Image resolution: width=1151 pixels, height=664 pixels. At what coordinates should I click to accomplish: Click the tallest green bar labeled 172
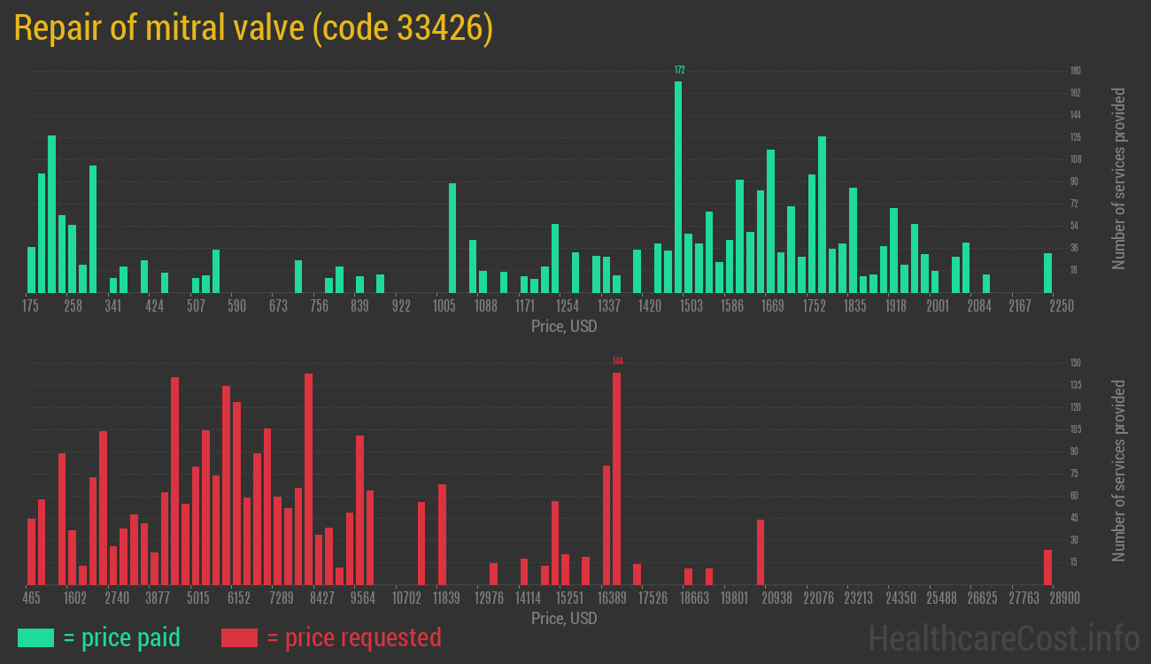(678, 187)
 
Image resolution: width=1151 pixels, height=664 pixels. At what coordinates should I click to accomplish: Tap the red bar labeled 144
(616, 478)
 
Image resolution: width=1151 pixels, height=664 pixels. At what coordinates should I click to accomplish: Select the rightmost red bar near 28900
(1047, 567)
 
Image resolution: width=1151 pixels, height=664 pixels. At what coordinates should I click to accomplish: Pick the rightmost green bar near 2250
(1047, 273)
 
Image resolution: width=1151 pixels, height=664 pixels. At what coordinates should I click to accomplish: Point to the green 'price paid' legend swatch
(35, 637)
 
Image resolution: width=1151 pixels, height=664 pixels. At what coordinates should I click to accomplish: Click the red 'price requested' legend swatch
(239, 637)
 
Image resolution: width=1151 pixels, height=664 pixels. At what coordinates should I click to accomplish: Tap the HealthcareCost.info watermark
(1003, 637)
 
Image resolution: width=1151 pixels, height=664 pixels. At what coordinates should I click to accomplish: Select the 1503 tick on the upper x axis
(691, 306)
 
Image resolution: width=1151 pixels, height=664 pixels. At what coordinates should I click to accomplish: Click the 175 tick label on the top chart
(30, 306)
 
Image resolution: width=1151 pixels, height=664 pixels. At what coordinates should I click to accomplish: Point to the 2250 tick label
(1061, 306)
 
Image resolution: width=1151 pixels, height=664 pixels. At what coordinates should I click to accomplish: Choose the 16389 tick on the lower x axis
(612, 598)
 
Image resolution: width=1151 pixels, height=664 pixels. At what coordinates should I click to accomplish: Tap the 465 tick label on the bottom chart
(31, 598)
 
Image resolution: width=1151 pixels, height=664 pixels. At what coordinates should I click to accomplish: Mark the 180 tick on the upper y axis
(1075, 71)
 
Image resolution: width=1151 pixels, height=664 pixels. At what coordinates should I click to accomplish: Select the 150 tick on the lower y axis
(1075, 363)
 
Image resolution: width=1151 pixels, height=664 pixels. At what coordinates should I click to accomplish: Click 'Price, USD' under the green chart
(564, 327)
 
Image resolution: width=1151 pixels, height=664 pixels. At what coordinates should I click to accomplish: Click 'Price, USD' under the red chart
(564, 619)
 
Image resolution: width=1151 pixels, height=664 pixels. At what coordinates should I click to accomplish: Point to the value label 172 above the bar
(679, 70)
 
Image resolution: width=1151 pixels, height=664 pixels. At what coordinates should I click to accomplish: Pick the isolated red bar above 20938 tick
(761, 552)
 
